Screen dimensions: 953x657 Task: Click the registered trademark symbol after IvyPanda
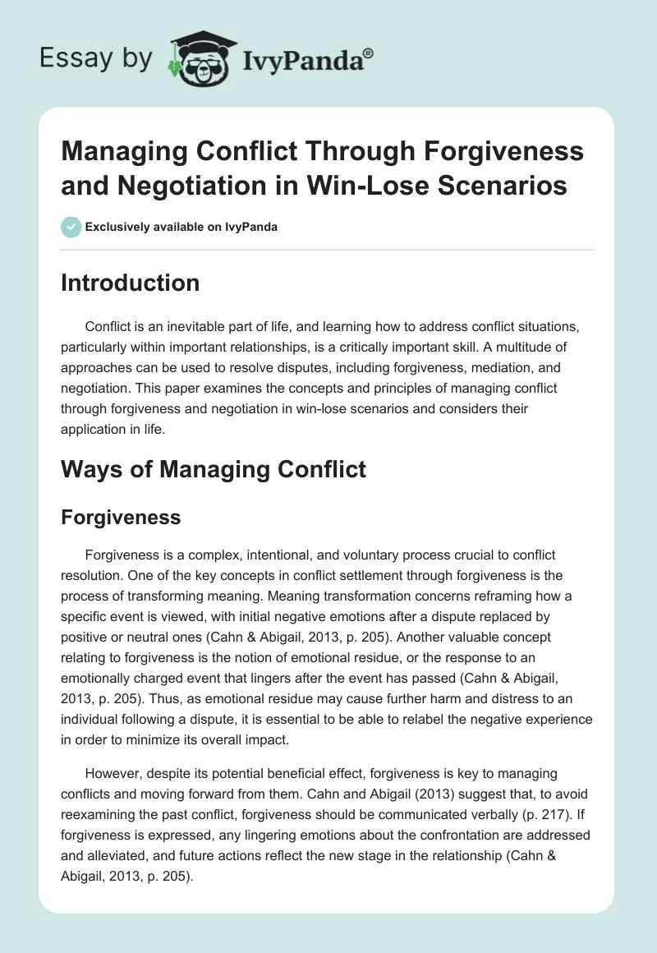369,53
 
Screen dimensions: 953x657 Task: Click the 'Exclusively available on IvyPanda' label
181,227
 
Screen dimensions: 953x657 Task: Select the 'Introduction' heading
131,283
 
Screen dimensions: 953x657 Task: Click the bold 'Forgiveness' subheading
121,518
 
